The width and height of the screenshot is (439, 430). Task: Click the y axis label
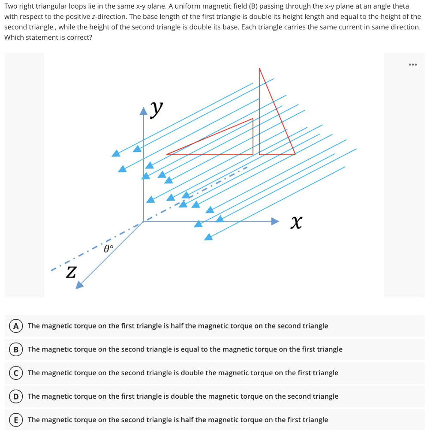tap(157, 110)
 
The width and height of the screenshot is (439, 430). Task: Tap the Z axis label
tap(71, 272)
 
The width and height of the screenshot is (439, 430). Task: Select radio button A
tap(15, 326)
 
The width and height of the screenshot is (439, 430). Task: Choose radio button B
tap(15, 349)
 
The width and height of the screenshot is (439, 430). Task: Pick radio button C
tap(15, 373)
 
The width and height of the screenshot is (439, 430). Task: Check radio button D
tap(15, 397)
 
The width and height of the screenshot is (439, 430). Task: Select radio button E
tap(15, 420)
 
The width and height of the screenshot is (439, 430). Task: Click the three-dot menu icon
tap(412, 65)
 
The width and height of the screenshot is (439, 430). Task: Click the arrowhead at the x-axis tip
tap(275, 221)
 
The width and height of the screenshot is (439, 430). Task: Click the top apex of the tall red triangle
tap(259, 68)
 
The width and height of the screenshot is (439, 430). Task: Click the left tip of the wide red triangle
tap(167, 154)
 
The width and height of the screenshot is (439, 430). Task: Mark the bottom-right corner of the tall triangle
tap(295, 154)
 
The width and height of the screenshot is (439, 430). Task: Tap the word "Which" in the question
tap(14, 37)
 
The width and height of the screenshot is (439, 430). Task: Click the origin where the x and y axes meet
tap(144, 221)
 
